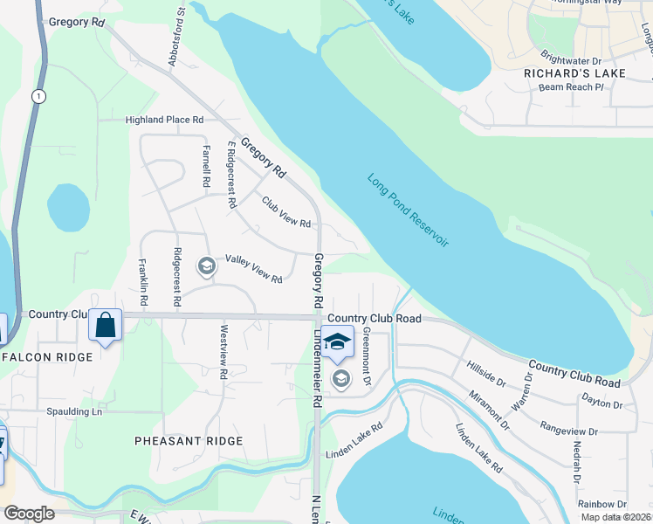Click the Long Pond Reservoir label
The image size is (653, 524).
pyautogui.click(x=408, y=210)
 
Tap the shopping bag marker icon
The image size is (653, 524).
pyautogui.click(x=106, y=327)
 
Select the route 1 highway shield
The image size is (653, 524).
pyautogui.click(x=38, y=96)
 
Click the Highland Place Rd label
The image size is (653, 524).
pyautogui.click(x=164, y=120)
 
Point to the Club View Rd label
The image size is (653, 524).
pyautogui.click(x=286, y=211)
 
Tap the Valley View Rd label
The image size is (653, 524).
pyautogui.click(x=253, y=268)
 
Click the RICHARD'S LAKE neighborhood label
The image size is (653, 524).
pyautogui.click(x=574, y=73)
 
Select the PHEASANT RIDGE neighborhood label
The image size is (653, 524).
pyautogui.click(x=189, y=441)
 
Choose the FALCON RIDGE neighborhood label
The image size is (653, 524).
pyautogui.click(x=47, y=357)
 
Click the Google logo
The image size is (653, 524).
pyautogui.click(x=29, y=514)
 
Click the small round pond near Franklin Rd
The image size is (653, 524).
pyautogui.click(x=68, y=207)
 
